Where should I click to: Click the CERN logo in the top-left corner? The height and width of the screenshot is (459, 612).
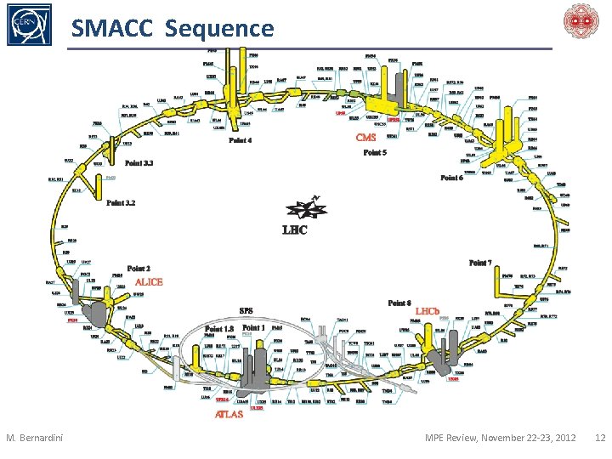click(28, 25)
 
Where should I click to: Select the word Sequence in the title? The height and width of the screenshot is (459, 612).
click(220, 29)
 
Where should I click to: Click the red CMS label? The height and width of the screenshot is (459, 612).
click(365, 137)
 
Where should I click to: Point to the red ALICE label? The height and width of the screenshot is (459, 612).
click(149, 281)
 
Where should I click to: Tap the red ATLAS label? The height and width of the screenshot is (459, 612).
click(229, 415)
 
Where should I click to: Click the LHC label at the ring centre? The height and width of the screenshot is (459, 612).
click(294, 229)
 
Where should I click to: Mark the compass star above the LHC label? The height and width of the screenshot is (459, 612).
click(303, 207)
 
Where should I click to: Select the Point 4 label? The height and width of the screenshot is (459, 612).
click(240, 140)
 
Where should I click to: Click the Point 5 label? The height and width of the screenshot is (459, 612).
click(375, 153)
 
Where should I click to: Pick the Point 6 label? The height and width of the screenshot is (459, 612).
click(451, 178)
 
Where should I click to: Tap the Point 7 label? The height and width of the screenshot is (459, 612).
click(480, 263)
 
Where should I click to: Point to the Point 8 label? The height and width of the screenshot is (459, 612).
click(399, 303)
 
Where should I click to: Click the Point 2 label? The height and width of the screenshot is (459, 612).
click(139, 269)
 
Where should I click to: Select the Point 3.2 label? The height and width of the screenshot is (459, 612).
click(120, 203)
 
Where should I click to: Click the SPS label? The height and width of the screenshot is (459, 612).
click(246, 310)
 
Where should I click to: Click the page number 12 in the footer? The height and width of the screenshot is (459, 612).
click(599, 438)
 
